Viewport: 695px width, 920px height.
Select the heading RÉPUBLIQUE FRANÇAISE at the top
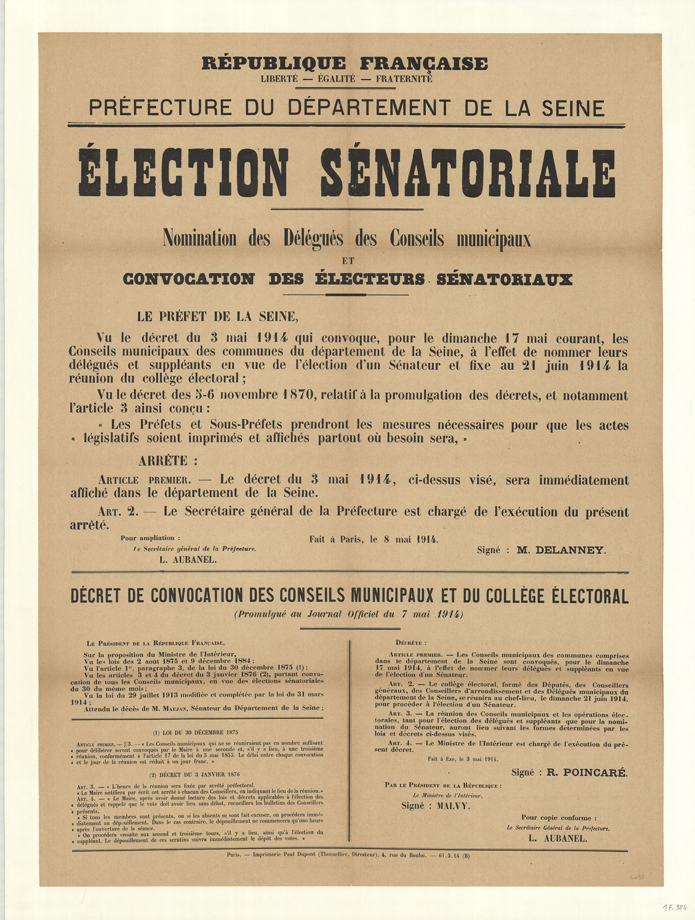point(344,63)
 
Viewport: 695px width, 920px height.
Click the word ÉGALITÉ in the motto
point(336,79)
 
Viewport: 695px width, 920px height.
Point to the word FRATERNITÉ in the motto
point(404,79)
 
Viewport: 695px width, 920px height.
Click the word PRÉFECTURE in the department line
point(160,108)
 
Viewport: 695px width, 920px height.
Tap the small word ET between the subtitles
point(348,261)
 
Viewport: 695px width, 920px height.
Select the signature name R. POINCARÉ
point(587,772)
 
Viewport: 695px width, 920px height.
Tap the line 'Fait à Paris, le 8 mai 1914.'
point(374,539)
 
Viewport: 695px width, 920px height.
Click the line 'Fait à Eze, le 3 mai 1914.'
point(462,759)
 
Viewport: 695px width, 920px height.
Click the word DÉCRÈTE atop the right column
point(411,643)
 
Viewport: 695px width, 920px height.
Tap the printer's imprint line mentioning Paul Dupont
point(348,855)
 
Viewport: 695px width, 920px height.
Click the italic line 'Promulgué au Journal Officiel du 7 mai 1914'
point(349,614)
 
